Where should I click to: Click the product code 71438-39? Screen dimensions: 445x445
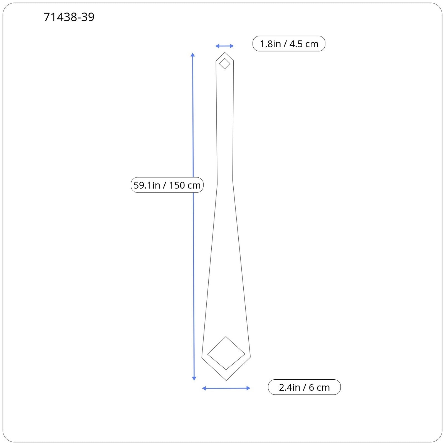(69, 17)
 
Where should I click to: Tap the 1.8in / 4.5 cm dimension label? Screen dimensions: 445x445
(289, 44)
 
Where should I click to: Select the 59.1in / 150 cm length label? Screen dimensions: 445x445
(167, 185)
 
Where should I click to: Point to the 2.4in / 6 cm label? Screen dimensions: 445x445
(304, 387)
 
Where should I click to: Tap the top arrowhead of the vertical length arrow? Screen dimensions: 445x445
(193, 55)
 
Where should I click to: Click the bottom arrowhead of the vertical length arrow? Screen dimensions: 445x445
(194, 378)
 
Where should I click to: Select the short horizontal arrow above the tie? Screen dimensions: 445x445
(224, 46)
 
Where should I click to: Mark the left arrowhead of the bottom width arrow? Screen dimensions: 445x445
(204, 388)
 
